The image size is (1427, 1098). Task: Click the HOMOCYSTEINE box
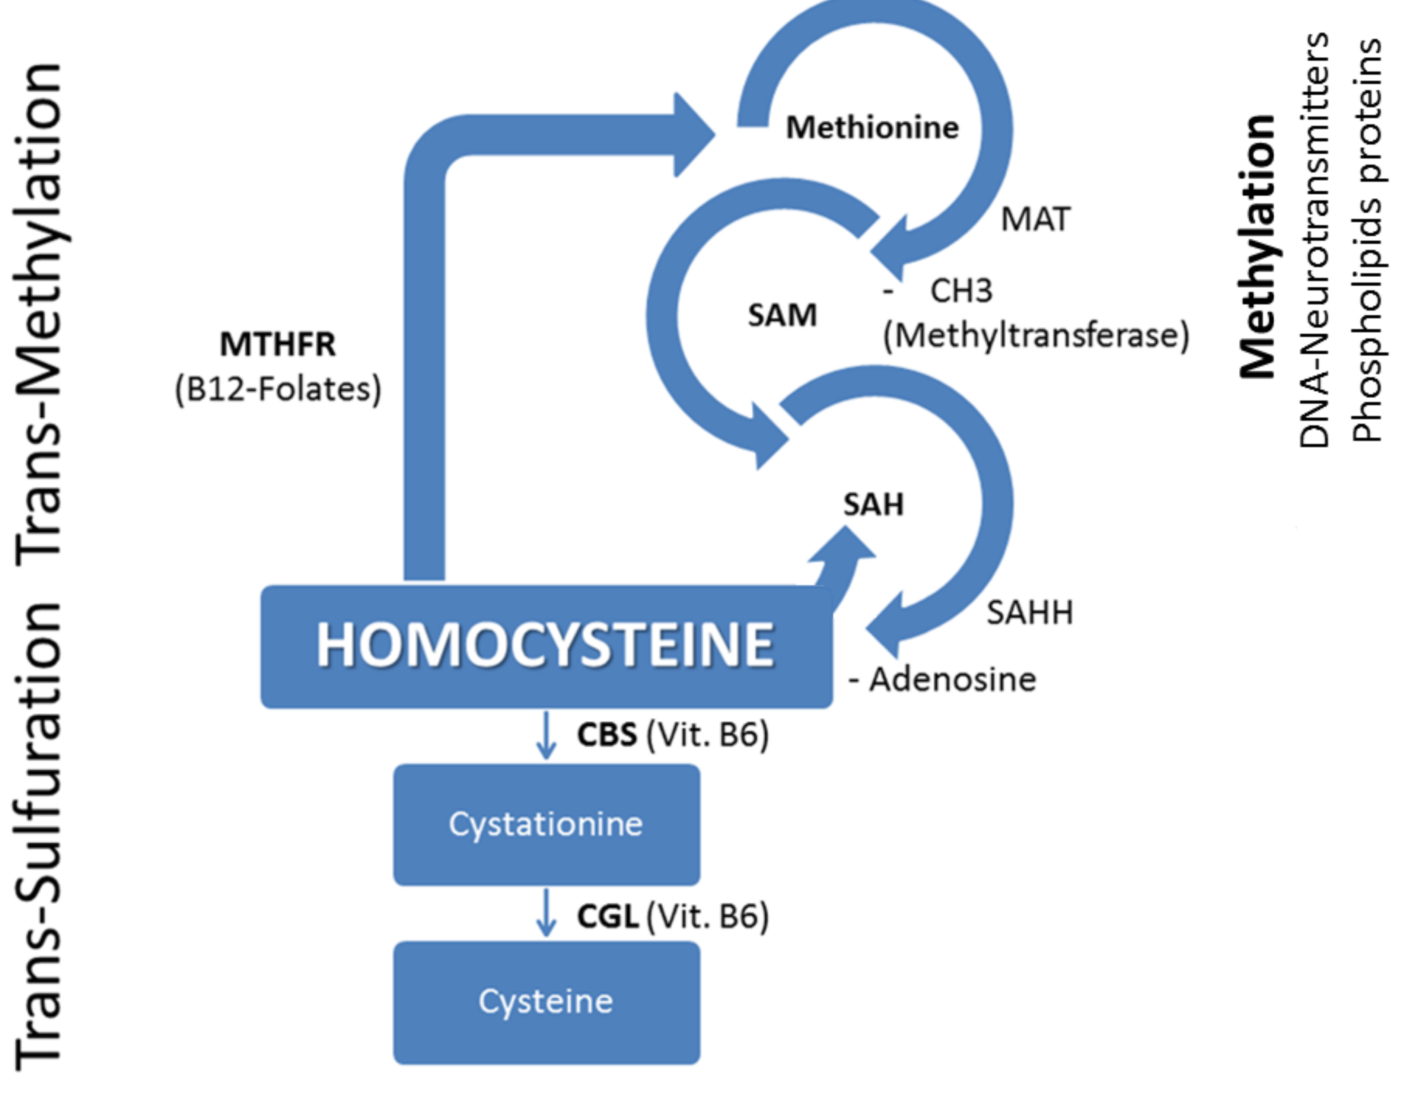pyautogui.click(x=546, y=646)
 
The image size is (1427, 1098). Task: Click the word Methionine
pyautogui.click(x=872, y=127)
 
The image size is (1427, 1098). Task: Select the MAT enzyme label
pyautogui.click(x=1036, y=220)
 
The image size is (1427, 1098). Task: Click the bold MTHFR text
pyautogui.click(x=278, y=344)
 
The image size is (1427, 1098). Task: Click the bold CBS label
pyautogui.click(x=606, y=735)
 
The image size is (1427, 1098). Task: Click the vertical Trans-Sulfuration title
pyautogui.click(x=39, y=837)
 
